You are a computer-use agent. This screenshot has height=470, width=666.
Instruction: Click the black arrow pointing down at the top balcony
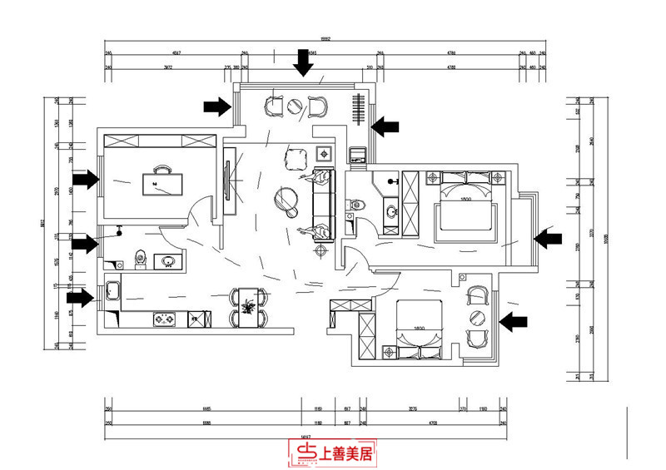click(304, 62)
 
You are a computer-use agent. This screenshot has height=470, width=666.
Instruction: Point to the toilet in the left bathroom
click(140, 260)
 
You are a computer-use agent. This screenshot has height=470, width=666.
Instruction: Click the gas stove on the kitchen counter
click(163, 319)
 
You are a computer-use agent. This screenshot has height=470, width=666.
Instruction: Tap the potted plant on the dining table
click(247, 307)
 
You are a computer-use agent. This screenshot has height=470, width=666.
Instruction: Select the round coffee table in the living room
click(287, 198)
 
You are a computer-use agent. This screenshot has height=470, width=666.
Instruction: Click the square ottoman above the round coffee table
click(295, 157)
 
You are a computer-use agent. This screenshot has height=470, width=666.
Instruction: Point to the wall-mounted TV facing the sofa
click(226, 181)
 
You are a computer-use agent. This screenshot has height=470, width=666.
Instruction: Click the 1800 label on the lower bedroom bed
click(416, 329)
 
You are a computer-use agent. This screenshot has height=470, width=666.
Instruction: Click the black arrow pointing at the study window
click(85, 178)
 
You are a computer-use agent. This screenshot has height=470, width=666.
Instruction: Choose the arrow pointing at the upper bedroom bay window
click(547, 239)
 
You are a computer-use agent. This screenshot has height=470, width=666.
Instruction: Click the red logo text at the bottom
click(333, 453)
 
